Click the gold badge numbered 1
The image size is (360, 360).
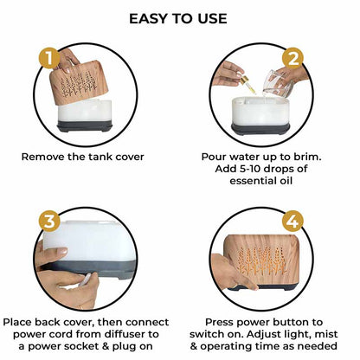(49, 58)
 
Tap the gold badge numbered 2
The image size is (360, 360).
(292, 59)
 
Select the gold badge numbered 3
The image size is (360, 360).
(49, 222)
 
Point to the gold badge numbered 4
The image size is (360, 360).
(292, 222)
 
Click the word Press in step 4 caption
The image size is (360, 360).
(219, 322)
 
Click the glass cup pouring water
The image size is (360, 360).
(278, 84)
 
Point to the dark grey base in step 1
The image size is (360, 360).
(85, 126)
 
